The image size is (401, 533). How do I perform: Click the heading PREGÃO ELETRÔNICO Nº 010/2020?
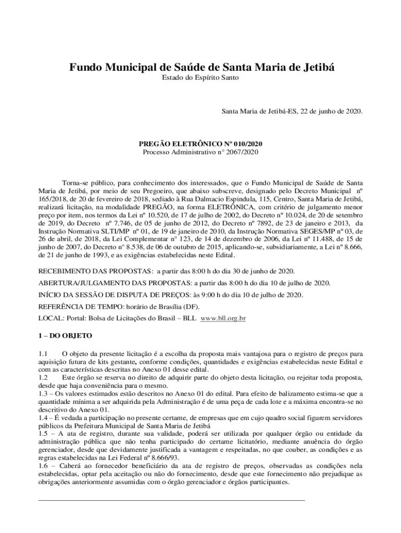click(x=200, y=143)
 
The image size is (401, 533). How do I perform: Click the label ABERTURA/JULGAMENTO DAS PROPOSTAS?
click(x=115, y=283)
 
